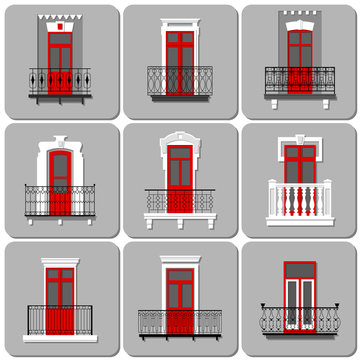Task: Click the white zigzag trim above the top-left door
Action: click(x=60, y=20)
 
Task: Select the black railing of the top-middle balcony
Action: click(x=180, y=80)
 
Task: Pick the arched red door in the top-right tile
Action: click(x=299, y=55)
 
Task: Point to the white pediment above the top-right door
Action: click(x=299, y=20)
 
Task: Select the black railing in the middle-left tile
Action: click(x=60, y=200)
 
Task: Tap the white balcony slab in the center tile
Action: click(x=180, y=216)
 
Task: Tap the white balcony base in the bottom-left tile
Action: click(x=60, y=338)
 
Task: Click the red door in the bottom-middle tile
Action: click(x=180, y=290)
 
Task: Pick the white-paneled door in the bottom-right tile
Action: click(x=299, y=295)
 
